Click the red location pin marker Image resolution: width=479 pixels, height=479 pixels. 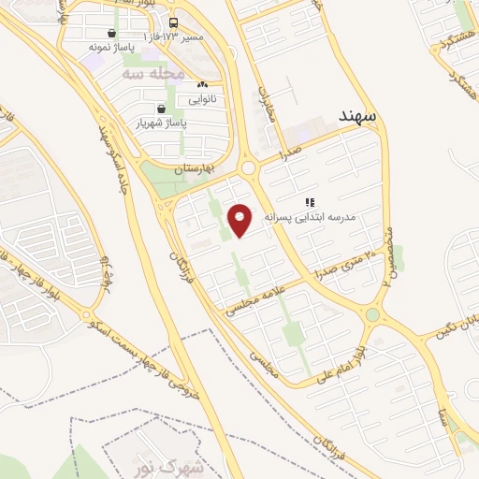pyautogui.click(x=240, y=220)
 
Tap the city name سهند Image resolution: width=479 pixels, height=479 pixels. pyautogui.click(x=356, y=115)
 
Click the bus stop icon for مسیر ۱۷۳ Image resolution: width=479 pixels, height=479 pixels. pyautogui.click(x=173, y=23)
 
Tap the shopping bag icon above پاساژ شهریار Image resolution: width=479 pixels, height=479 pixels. pyautogui.click(x=162, y=109)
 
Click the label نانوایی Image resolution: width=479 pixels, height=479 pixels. pyautogui.click(x=202, y=97)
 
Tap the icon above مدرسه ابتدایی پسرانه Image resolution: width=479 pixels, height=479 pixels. pyautogui.click(x=310, y=201)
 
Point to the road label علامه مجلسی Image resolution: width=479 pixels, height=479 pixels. pyautogui.click(x=256, y=298)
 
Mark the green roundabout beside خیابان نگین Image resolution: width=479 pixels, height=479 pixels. pyautogui.click(x=372, y=315)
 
